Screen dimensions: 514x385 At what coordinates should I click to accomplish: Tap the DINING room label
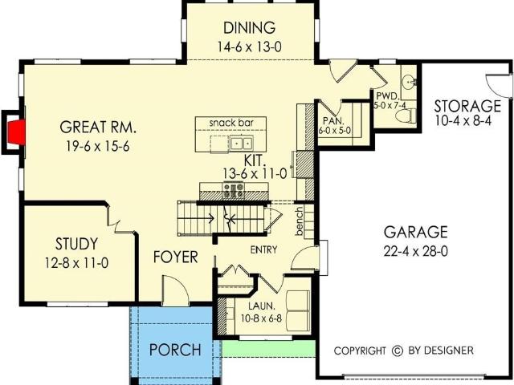pyautogui.click(x=249, y=28)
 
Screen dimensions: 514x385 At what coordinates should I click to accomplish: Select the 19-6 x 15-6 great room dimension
pyautogui.click(x=98, y=146)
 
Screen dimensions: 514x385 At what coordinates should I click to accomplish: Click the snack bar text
pyautogui.click(x=231, y=123)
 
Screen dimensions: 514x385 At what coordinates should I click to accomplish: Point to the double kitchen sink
pyautogui.click(x=241, y=143)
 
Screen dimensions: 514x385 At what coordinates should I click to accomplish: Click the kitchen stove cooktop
pyautogui.click(x=234, y=191)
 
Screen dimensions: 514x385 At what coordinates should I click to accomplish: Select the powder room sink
pyautogui.click(x=409, y=81)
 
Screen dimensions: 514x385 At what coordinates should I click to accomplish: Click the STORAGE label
pyautogui.click(x=467, y=106)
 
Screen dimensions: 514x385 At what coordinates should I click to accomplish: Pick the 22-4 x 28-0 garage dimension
pyautogui.click(x=416, y=251)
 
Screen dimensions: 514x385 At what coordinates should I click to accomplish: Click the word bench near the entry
pyautogui.click(x=299, y=221)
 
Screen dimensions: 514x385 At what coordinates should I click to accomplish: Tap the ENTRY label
pyautogui.click(x=264, y=249)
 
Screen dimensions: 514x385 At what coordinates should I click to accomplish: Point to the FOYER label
pyautogui.click(x=176, y=257)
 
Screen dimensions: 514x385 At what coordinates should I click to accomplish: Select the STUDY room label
pyautogui.click(x=76, y=244)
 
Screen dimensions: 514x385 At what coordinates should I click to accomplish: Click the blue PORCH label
pyautogui.click(x=175, y=350)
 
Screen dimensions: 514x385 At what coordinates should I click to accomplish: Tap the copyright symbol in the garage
pyautogui.click(x=398, y=351)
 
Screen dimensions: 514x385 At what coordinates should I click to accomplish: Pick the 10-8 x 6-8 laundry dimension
pyautogui.click(x=261, y=318)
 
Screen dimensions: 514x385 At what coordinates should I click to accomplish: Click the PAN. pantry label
pyautogui.click(x=334, y=120)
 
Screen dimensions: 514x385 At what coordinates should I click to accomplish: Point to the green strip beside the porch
pyautogui.click(x=269, y=348)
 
